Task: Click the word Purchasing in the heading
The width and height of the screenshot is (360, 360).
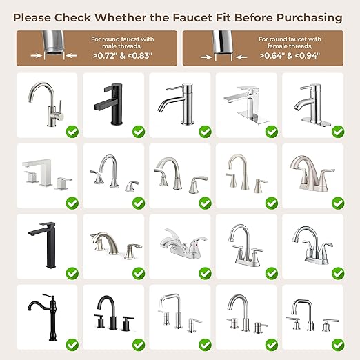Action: tap(309, 18)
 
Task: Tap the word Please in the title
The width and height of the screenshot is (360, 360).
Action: tap(32, 18)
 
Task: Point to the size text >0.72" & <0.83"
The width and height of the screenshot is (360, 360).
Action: tap(123, 56)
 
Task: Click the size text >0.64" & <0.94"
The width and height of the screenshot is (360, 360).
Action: tap(290, 56)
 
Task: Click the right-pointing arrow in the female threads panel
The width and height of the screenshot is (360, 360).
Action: tap(206, 57)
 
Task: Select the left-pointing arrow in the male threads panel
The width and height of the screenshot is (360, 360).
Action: tap(72, 55)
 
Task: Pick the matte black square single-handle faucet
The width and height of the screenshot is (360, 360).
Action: tap(108, 104)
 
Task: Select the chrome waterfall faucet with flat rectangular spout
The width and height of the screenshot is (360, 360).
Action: tap(246, 105)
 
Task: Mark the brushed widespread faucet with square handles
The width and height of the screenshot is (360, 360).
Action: tap(47, 174)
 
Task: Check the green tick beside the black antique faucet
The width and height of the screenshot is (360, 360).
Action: tap(72, 345)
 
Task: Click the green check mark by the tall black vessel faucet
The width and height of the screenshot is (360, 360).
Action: tap(72, 274)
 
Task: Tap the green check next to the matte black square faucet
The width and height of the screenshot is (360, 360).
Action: tap(139, 132)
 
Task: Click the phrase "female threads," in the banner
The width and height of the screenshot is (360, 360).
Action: tap(290, 46)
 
